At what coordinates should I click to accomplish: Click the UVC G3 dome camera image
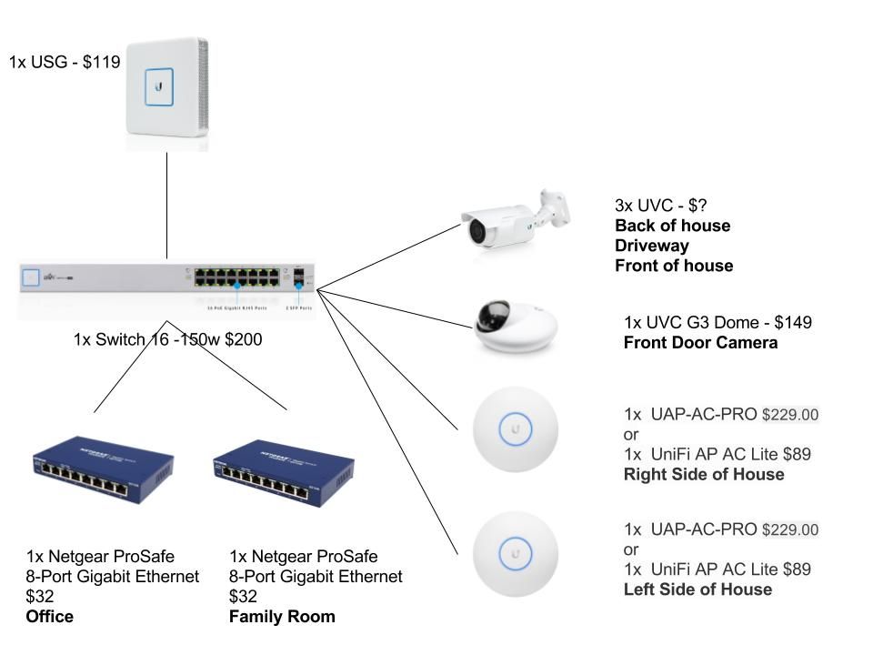coord(515,326)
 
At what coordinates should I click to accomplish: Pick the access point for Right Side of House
coord(516,428)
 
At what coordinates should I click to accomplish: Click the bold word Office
coord(50,617)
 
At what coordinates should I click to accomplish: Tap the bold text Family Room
coord(282,617)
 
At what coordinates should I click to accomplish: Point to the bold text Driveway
coord(652,246)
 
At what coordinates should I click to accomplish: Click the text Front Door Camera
coord(700,343)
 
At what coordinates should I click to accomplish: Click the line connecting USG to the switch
coord(167,205)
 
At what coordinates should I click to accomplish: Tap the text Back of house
coord(672,226)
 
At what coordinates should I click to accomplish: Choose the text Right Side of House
coord(703,474)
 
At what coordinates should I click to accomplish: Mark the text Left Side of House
coord(697,589)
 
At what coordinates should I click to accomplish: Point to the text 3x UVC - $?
coord(661,206)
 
